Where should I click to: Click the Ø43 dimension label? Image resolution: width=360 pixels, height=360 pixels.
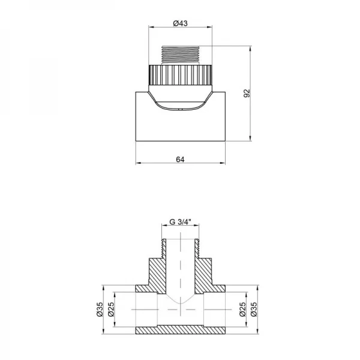181,23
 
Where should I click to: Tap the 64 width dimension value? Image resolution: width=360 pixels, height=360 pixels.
181,158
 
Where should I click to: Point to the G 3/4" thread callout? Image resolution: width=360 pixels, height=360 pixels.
180,221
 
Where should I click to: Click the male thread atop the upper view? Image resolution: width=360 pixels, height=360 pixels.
181,55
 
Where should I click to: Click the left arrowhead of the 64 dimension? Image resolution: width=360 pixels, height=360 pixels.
138,163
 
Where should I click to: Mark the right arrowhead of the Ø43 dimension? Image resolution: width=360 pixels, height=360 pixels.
211,27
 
